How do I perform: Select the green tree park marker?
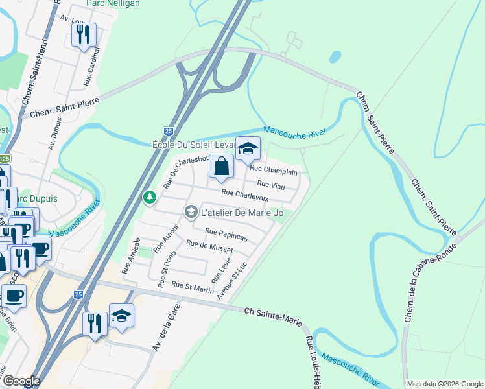[x=150, y=196]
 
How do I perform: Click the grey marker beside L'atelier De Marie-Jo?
[x=191, y=212]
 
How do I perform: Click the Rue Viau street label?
[x=272, y=185]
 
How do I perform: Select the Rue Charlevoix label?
[x=245, y=194]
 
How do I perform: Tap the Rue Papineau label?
[x=226, y=234]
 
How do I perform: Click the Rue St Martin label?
[x=193, y=286]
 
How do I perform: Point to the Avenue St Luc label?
[x=233, y=281]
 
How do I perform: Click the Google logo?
[x=21, y=381]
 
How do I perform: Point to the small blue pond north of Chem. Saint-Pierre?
[x=335, y=56]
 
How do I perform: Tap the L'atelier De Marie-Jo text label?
[x=242, y=212]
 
